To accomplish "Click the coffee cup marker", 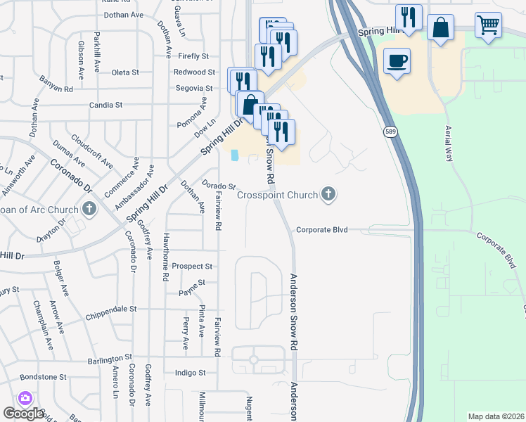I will click(x=397, y=61).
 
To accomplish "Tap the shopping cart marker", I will click(x=487, y=26).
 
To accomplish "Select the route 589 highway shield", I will click(x=389, y=132).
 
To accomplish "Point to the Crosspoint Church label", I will click(x=278, y=195).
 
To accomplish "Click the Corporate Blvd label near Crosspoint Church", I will click(x=323, y=229).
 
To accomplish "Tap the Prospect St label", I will click(x=193, y=267).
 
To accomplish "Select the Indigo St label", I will click(x=190, y=373).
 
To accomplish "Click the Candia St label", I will click(x=105, y=105).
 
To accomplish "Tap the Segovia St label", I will click(x=193, y=88).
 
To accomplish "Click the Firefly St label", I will click(x=193, y=56).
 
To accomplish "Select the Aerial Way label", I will click(x=448, y=144).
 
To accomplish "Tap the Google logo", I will click(x=24, y=413).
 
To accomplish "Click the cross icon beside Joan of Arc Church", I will click(x=89, y=207).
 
